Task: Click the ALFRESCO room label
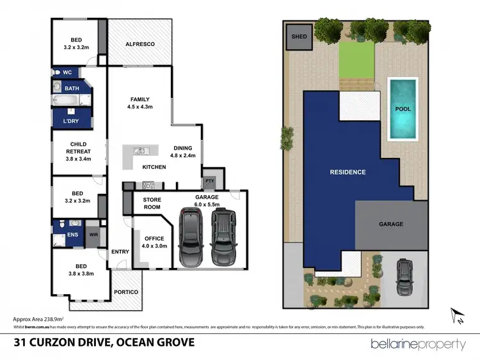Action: [x=140, y=44]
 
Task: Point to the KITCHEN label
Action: [x=154, y=167]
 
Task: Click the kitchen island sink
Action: [x=139, y=152]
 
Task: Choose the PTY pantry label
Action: [x=210, y=180]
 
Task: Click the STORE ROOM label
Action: [x=152, y=204]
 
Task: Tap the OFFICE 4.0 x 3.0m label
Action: [x=154, y=242]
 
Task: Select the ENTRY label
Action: [x=120, y=252]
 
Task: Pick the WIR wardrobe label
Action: [x=94, y=235]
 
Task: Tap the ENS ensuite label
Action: [x=63, y=235]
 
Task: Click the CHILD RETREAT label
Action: [x=78, y=152]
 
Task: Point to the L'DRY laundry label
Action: [x=70, y=121]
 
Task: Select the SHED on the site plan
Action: [x=299, y=36]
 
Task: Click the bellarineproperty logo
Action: [x=419, y=344]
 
